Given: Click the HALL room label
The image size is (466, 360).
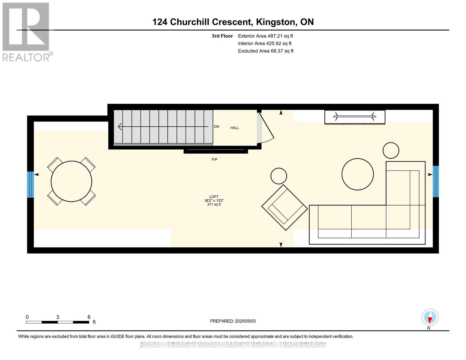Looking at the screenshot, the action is pos(235,128).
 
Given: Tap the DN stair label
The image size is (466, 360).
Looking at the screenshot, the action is pos(216,127).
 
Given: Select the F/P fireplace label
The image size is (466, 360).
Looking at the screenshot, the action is pos(215,160).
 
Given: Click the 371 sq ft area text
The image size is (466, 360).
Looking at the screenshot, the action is pos(214,205).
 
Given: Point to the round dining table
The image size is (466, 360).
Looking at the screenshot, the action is pos(71,181).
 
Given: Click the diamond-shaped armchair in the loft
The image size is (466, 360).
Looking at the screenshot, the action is pos(284,208).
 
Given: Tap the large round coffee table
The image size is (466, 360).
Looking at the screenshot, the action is pos(357,174).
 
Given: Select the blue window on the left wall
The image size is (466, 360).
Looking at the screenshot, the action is pos(30,184).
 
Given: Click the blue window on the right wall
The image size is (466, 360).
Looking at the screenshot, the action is pos(436,181).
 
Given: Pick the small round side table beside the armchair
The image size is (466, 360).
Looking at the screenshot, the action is pos(278,176).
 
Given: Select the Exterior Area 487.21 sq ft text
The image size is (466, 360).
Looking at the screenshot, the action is pos(266,36).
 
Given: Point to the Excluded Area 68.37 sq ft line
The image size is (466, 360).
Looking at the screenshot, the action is pos(266,51).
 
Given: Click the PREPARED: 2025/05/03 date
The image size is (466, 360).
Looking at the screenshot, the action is pos(233,321).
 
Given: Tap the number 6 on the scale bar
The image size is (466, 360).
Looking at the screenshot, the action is pos(89,317).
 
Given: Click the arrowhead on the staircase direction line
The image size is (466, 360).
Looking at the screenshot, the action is pos(120,127).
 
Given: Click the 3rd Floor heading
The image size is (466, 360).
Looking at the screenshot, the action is pos(222,36).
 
